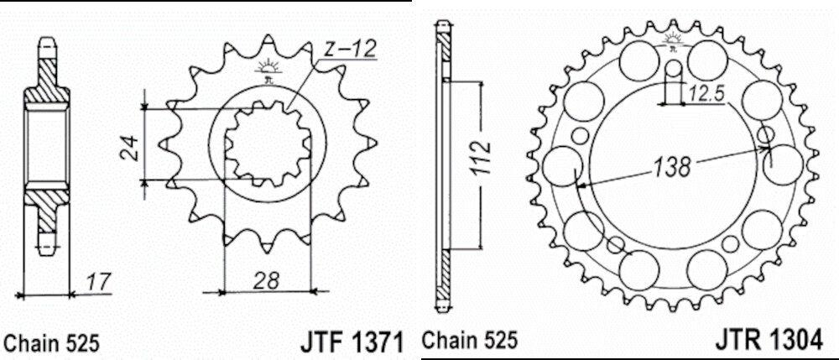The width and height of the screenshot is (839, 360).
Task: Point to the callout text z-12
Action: click(351, 50)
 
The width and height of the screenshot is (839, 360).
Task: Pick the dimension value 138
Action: click(670, 167)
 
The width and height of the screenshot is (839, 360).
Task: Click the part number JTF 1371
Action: click(351, 343)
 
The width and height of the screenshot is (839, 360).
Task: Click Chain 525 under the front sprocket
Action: click(51, 343)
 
